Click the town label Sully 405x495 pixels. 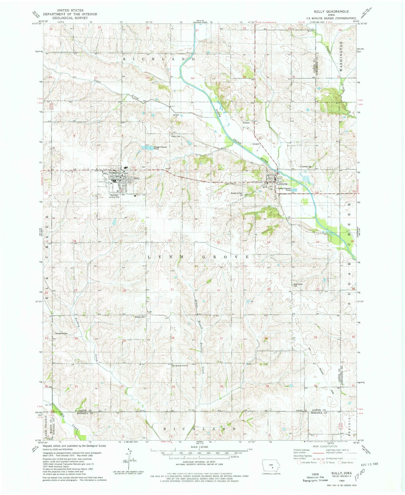click(x=136, y=178)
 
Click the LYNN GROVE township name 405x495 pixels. click(x=198, y=257)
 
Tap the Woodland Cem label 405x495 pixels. click(x=236, y=193)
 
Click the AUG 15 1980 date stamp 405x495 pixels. click(x=367, y=464)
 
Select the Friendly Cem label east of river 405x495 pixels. click(x=306, y=167)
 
